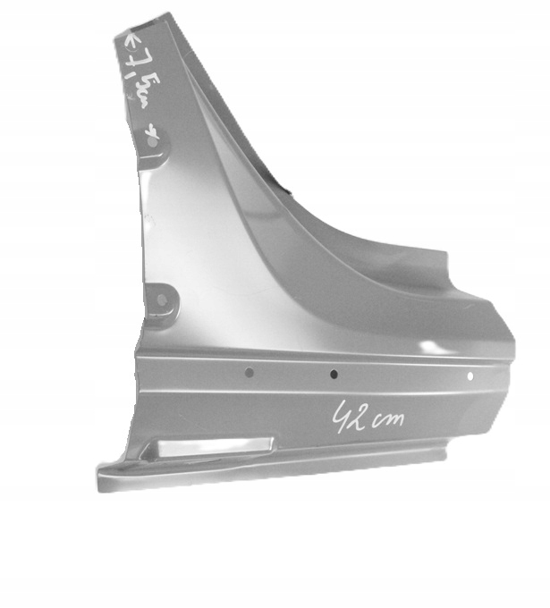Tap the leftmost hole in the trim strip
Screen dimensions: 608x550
pos(250,372)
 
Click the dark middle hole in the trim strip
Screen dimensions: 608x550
pos(334,375)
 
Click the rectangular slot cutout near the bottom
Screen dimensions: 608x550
pos(213,446)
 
